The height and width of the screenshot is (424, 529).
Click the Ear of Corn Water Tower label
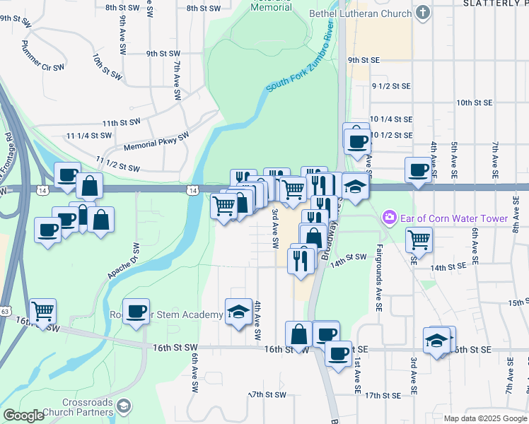pyautogui.click(x=454, y=218)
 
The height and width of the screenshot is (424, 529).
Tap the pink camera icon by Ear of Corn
pyautogui.click(x=388, y=218)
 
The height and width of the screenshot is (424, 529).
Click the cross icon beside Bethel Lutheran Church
pyautogui.click(x=422, y=13)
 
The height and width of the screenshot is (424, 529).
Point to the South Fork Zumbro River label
pyautogui.click(x=300, y=61)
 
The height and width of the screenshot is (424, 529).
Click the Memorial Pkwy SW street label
pyautogui.click(x=156, y=141)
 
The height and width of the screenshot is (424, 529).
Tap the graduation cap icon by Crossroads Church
pyautogui.click(x=124, y=405)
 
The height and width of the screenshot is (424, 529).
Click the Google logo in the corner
pyautogui.click(x=23, y=416)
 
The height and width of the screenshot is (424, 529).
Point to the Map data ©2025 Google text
pyautogui.click(x=484, y=418)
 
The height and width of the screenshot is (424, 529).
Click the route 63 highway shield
pyautogui.click(x=6, y=310)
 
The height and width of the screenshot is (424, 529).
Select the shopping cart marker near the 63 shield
pyautogui.click(x=43, y=310)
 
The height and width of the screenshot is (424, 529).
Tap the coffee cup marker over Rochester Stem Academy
pyautogui.click(x=136, y=310)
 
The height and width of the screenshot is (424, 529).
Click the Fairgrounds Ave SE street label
pyautogui.click(x=378, y=278)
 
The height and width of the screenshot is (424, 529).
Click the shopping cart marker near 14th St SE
pyautogui.click(x=419, y=240)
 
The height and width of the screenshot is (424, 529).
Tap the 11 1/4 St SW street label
pyautogui.click(x=89, y=135)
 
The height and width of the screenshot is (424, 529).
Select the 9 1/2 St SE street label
pyautogui.click(x=391, y=86)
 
